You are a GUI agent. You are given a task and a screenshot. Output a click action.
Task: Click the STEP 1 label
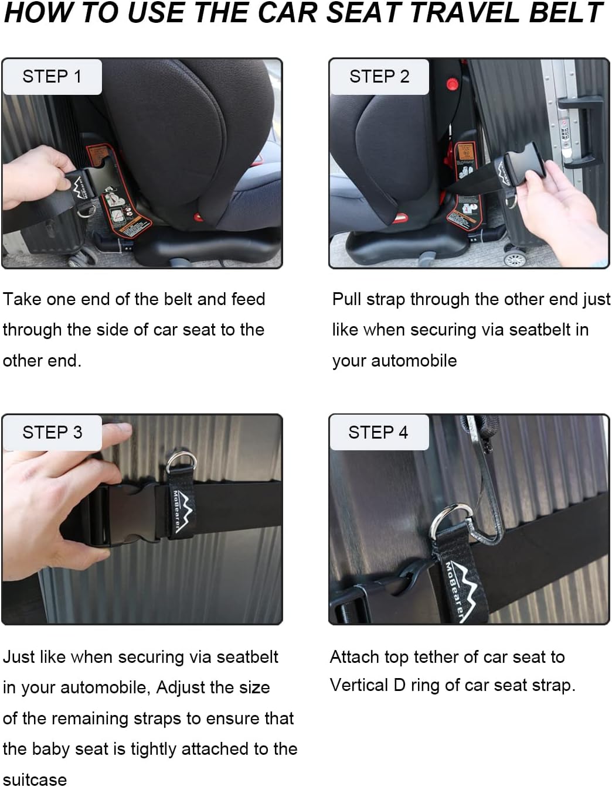click(52, 77)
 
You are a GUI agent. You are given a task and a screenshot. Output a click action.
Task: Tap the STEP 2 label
click(379, 77)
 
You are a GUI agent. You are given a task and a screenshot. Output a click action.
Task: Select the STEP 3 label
click(52, 433)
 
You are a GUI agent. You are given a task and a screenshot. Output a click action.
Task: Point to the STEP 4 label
click(378, 433)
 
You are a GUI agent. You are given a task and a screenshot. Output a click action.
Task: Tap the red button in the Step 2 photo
click(452, 84)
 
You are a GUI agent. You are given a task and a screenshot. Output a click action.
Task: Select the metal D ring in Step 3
click(178, 463)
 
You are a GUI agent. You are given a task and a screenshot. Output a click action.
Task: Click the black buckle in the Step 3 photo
click(120, 512)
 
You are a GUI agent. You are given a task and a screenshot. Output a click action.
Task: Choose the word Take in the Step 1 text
click(22, 299)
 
